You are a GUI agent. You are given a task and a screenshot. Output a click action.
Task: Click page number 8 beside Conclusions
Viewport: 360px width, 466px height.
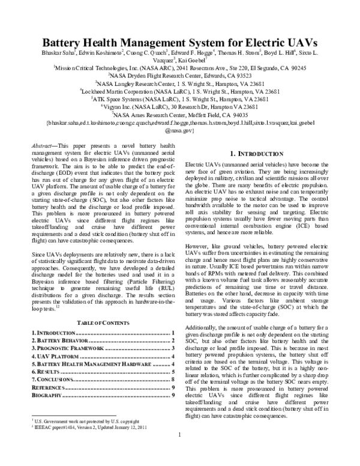click(173, 380)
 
